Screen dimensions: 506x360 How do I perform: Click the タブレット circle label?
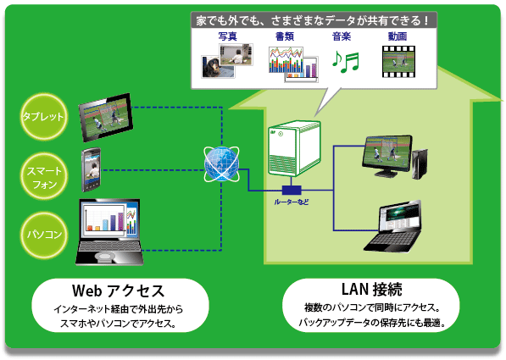[x=44, y=116]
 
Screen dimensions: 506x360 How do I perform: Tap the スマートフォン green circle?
[x=44, y=176]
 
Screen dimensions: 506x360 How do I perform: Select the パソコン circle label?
[x=44, y=235]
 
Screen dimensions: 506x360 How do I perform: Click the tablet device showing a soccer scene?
[x=106, y=117]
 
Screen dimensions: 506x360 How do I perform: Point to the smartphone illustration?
[x=91, y=169]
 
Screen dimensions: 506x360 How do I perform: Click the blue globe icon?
[x=221, y=163]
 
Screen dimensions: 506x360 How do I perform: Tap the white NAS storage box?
[x=294, y=148]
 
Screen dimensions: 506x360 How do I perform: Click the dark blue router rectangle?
[x=292, y=190]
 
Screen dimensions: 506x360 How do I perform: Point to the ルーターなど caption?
[x=292, y=202]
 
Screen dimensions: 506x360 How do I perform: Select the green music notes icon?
[x=346, y=61]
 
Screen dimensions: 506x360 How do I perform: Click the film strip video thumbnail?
[x=398, y=62]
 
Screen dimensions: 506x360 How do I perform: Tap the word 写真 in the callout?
[x=227, y=36]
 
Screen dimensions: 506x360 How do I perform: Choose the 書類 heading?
[x=285, y=36]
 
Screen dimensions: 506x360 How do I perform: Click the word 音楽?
[x=342, y=36]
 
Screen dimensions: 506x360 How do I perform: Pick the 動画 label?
[x=398, y=36]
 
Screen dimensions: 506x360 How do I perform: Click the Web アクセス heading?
[x=118, y=291]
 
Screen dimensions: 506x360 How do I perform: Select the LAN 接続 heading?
[x=372, y=289]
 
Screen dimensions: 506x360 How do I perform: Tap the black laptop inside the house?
[x=392, y=226]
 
